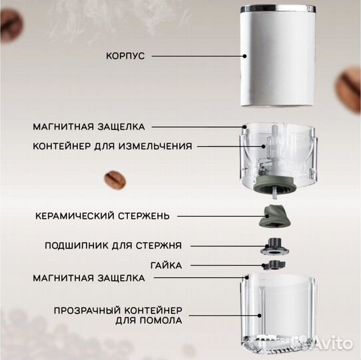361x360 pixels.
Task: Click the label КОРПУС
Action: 125,57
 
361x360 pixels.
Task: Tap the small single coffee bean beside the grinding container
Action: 114,179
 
